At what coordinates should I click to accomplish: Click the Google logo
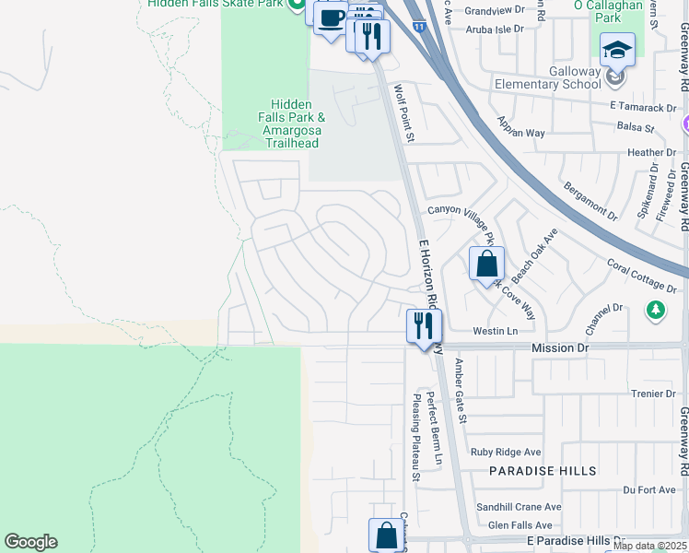30,542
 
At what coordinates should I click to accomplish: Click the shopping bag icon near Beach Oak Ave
485,264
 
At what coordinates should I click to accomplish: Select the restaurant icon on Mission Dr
425,326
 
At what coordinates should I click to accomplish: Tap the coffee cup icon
331,18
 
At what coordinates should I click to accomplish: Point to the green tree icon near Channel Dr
655,310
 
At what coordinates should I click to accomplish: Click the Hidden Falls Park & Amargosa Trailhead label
293,124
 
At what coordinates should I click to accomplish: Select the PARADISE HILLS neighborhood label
543,471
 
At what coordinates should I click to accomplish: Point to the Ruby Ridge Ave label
506,453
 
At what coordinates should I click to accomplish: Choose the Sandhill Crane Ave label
519,507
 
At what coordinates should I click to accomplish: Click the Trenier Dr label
654,394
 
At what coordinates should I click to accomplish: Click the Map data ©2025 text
649,546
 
